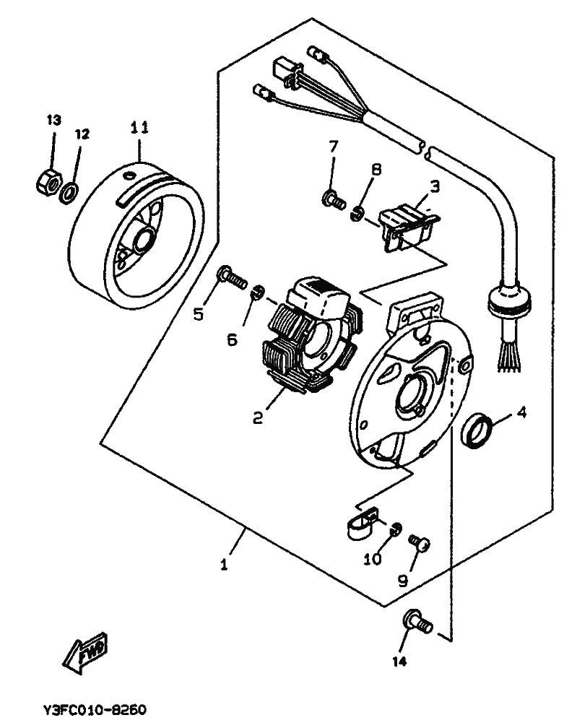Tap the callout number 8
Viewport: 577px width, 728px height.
tap(376, 170)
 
